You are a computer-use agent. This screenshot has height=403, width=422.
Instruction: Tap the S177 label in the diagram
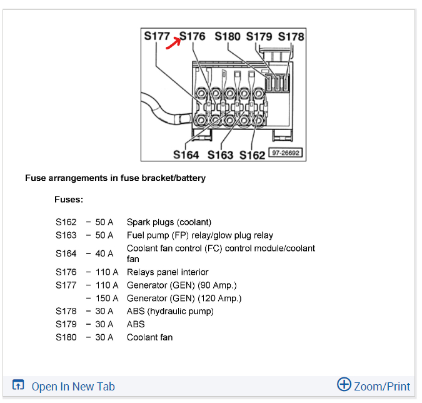tap(157, 36)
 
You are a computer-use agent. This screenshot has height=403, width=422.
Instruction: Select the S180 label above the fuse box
tap(228, 36)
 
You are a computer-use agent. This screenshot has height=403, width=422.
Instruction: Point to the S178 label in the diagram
tap(291, 36)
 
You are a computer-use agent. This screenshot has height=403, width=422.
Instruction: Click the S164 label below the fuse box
tap(186, 155)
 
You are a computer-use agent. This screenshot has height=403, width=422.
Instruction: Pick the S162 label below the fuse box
tap(253, 155)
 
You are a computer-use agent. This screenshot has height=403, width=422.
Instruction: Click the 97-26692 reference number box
tap(285, 153)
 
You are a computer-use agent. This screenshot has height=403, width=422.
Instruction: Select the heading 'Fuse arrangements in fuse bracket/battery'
tap(115, 178)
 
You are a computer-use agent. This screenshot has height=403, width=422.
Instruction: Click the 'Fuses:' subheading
tap(69, 200)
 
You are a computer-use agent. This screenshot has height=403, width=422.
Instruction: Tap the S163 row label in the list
tap(66, 235)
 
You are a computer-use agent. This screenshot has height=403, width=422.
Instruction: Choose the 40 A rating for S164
tap(104, 253)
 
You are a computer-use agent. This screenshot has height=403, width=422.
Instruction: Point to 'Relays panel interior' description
tap(168, 272)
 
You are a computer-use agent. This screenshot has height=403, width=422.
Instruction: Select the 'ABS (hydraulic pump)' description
tap(170, 311)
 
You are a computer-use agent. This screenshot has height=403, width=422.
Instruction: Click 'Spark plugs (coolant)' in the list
tap(169, 222)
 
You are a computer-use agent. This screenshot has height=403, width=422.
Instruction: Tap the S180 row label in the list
tap(66, 337)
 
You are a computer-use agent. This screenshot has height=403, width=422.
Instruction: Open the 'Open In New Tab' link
tap(73, 386)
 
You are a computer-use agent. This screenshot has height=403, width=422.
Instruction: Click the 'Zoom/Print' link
tap(382, 386)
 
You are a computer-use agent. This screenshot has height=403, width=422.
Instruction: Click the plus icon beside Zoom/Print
tap(344, 384)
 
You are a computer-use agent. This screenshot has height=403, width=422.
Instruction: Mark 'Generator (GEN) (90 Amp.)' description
tap(181, 285)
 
